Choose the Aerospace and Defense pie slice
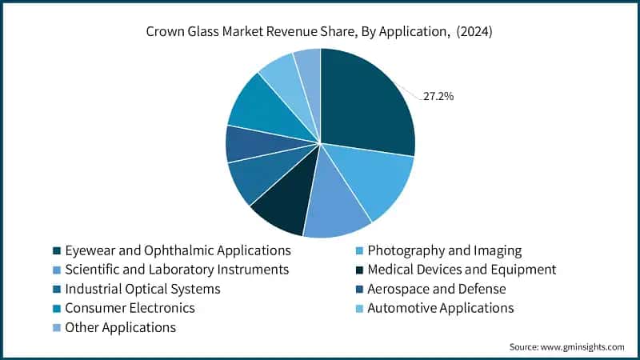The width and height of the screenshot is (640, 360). tap(246, 144)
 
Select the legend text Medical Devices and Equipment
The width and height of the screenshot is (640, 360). tap(462, 270)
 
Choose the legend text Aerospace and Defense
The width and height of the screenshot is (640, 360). tap(436, 289)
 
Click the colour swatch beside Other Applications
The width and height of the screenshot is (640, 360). tap(56, 328)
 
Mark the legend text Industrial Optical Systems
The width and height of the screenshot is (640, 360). tap(142, 289)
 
